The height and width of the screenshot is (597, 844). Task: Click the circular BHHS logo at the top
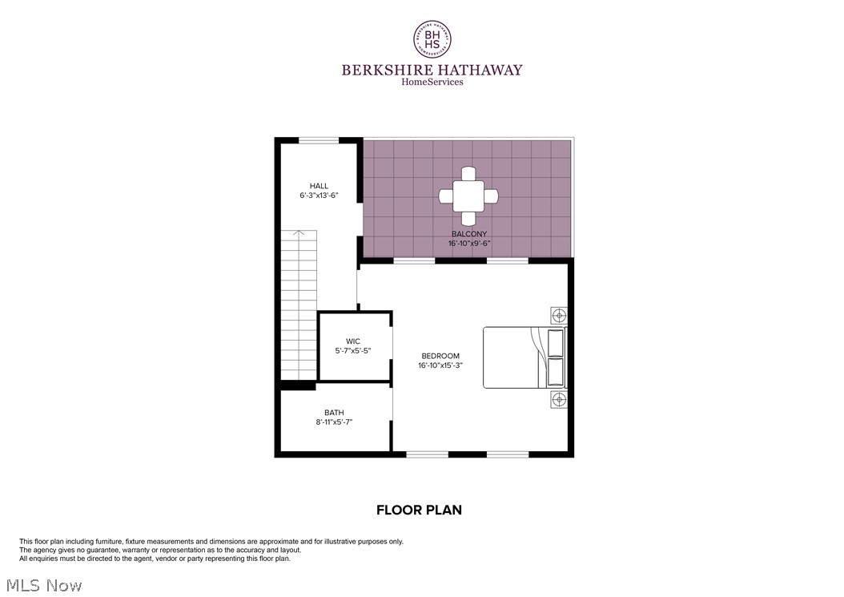coord(432,39)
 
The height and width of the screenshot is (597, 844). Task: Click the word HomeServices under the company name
coord(432,82)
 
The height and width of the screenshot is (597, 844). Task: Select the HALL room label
coord(319,186)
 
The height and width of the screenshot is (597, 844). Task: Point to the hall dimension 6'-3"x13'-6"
coord(319,196)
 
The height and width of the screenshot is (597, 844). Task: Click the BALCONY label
coord(468,234)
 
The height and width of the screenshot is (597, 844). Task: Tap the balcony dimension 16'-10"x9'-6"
coord(468,244)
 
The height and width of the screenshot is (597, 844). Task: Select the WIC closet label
coord(353,341)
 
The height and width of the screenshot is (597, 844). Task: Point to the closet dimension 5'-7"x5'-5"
coord(353,351)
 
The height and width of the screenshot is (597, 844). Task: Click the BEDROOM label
coord(440,356)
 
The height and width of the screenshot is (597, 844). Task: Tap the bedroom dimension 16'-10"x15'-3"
coord(440,365)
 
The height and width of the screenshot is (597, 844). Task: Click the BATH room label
coord(334,413)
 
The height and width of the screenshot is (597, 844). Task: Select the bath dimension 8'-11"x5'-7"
coord(334,422)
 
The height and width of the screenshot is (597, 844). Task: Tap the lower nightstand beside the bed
coord(558,399)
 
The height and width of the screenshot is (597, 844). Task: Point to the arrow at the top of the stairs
coord(299,234)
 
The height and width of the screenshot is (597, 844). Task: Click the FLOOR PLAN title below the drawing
coord(419,510)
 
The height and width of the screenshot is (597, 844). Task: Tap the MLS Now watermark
coord(42,586)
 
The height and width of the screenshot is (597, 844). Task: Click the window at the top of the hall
coord(319,140)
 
